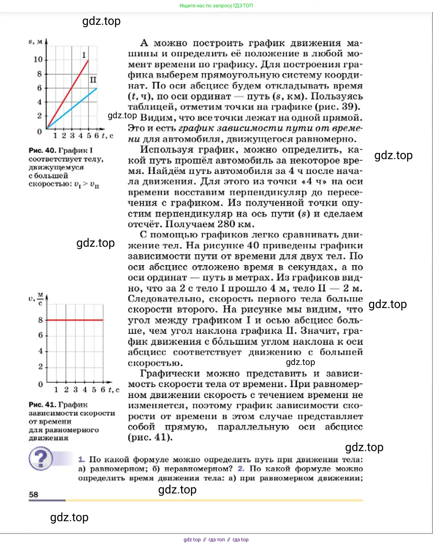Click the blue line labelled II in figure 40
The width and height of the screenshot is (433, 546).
[x=73, y=107]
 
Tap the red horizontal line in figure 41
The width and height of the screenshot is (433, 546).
[x=75, y=320]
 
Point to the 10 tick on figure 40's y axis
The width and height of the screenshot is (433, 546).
[x=38, y=59]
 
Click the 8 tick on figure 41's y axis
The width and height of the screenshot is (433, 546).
[x=41, y=320]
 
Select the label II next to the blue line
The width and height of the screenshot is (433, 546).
[x=93, y=80]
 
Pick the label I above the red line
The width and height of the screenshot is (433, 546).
[x=84, y=55]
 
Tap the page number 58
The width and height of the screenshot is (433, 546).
[x=34, y=495]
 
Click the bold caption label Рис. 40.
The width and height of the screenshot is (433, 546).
[x=42, y=150]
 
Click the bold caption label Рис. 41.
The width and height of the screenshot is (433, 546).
[x=42, y=405]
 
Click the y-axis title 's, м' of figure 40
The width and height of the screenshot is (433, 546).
[x=35, y=42]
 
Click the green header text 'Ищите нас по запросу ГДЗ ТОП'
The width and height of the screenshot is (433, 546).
[x=216, y=6]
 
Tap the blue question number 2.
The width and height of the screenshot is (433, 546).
[x=241, y=469]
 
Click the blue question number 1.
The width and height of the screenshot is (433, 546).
[x=81, y=460]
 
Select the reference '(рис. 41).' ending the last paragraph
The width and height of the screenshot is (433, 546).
[x=150, y=437]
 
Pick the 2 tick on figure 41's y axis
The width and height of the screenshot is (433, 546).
[x=41, y=366]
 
